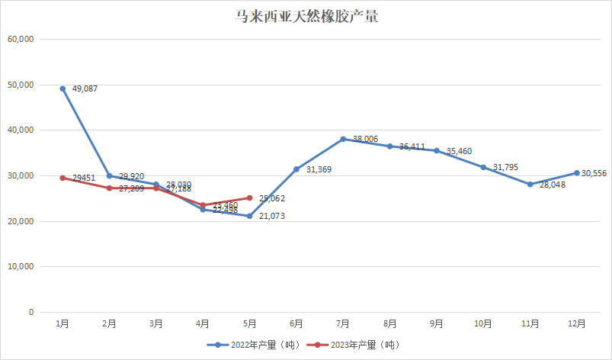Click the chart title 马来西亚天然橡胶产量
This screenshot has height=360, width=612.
pos(306,16)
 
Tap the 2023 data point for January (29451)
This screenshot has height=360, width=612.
pos(62,178)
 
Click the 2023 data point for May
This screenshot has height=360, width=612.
pos(249,198)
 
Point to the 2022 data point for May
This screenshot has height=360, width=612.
pos(249,216)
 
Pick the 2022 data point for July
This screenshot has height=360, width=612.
pos(343,139)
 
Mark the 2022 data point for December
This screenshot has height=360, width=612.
pos(577,172)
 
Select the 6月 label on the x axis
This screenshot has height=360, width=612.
pos(296,324)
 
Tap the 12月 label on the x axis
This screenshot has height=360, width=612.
pos(577,324)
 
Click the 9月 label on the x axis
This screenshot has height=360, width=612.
pos(437,324)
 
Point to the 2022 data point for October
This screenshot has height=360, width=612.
pos(483,167)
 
